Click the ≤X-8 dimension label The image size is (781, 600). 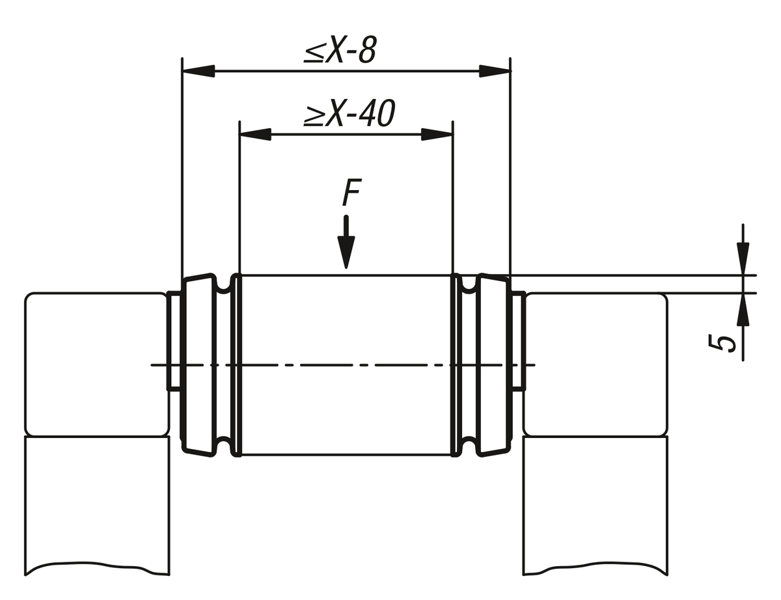(x=340, y=50)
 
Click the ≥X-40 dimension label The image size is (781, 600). (x=349, y=113)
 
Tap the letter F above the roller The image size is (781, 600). (x=351, y=192)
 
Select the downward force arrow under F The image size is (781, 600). (x=346, y=242)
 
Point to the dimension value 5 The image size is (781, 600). (x=721, y=343)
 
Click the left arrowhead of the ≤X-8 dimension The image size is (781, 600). (x=199, y=71)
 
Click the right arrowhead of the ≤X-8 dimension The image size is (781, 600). (x=495, y=71)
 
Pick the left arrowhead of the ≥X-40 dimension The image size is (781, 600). (x=255, y=134)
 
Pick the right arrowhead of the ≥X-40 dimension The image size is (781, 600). (x=437, y=134)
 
